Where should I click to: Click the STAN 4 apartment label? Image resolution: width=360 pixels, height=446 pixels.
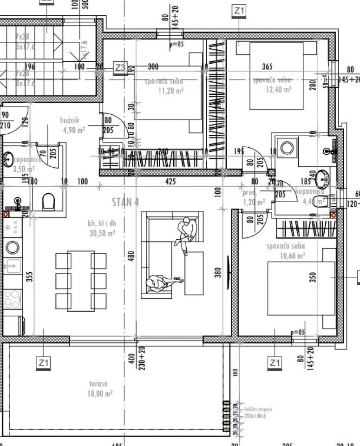pyautogui.click(x=125, y=202)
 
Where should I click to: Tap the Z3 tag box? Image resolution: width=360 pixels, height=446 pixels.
pyautogui.click(x=120, y=67)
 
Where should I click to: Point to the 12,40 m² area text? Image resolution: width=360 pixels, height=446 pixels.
pyautogui.click(x=278, y=89)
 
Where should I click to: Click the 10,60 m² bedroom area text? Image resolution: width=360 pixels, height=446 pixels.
pyautogui.click(x=292, y=256)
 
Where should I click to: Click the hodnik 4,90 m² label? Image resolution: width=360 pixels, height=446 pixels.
pyautogui.click(x=73, y=125)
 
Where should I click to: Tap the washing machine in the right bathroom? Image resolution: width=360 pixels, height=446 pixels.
pyautogui.click(x=287, y=148)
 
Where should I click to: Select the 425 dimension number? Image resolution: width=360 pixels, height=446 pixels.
pyautogui.click(x=170, y=182)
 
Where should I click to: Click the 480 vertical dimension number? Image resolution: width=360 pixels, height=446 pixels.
pyautogui.click(x=131, y=256)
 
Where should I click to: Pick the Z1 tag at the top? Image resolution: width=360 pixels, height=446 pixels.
pyautogui.click(x=239, y=10)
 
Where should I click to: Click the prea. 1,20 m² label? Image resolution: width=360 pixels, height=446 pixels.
pyautogui.click(x=253, y=197)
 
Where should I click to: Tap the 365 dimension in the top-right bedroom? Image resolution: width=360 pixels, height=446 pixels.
pyautogui.click(x=268, y=66)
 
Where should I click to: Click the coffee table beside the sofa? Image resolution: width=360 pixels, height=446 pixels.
pyautogui.click(x=194, y=273)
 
